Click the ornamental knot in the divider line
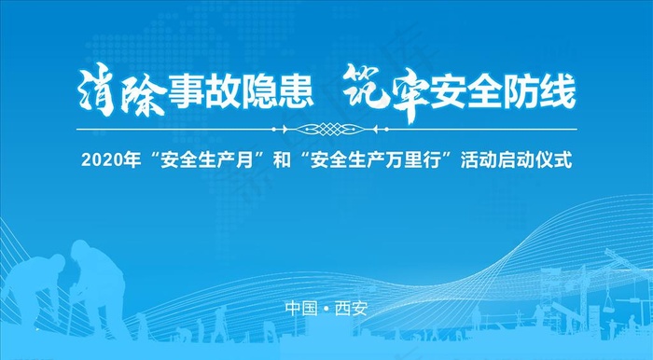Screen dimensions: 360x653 (326, 130)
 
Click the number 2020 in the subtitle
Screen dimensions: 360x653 (99, 160)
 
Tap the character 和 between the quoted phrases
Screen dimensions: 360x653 (283, 160)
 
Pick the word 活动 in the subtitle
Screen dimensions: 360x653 (483, 160)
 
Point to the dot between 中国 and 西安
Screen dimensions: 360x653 (326, 309)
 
